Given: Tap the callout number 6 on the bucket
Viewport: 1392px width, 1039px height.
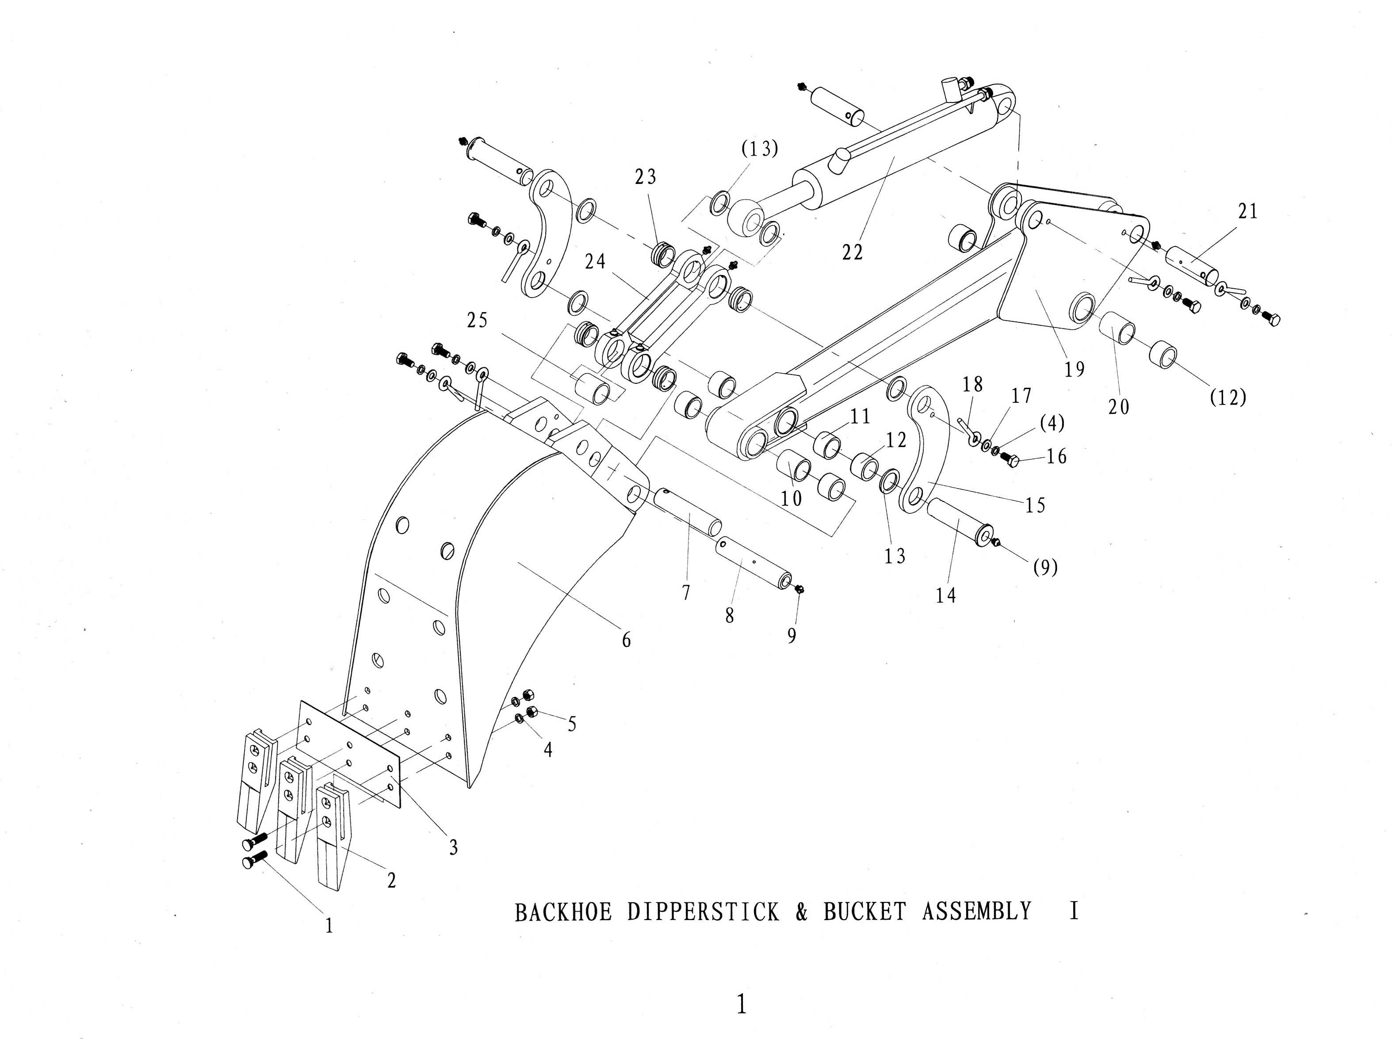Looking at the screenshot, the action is tap(626, 640).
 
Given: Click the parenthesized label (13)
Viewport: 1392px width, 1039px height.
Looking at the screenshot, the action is tap(759, 149).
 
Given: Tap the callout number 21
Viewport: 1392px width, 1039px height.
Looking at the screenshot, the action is tap(1248, 211).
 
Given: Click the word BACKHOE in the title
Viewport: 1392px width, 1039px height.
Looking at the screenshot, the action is tap(563, 913).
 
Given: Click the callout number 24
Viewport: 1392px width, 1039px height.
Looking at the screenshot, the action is tap(595, 262).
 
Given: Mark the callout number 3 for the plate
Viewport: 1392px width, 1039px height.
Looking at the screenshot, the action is tap(453, 848).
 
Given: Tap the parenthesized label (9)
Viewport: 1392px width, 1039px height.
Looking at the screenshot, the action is tap(1045, 568).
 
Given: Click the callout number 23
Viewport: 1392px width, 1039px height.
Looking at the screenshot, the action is tap(645, 177).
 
